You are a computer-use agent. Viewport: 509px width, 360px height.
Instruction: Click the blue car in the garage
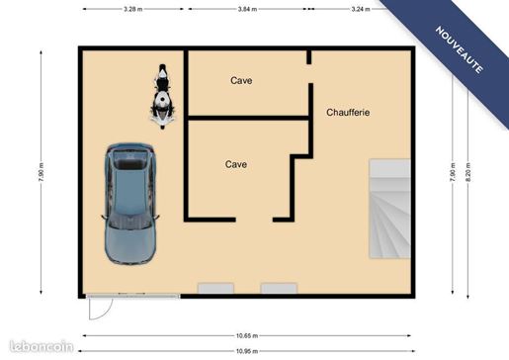tap(130, 204)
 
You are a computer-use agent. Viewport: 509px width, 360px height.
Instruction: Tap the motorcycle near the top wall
tap(162, 96)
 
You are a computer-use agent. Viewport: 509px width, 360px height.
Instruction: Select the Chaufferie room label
tap(348, 113)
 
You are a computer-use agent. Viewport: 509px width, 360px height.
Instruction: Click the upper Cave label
tap(241, 80)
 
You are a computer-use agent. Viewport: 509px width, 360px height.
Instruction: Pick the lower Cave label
tap(236, 164)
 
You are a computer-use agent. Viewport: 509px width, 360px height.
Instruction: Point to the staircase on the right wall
tap(389, 209)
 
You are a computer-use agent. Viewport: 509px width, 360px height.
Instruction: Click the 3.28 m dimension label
tap(133, 9)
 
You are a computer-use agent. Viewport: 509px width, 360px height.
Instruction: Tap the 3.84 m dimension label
tap(247, 9)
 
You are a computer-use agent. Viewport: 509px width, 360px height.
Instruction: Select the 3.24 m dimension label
tap(361, 9)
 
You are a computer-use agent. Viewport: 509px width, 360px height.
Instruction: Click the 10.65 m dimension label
tap(247, 336)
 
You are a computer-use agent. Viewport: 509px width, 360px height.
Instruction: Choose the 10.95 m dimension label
tap(247, 351)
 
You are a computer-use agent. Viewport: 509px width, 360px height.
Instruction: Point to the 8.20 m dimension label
tap(468, 172)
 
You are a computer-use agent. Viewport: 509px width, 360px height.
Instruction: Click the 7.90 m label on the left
tap(41, 172)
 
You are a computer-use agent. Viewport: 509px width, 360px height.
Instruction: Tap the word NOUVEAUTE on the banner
tap(460, 49)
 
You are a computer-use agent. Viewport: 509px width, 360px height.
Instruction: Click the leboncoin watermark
tap(42, 347)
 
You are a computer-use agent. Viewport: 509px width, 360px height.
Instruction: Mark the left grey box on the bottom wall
tap(215, 288)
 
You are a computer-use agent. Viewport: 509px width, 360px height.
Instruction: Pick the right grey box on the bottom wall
tap(279, 288)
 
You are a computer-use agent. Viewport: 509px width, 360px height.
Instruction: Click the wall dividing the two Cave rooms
tap(248, 118)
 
